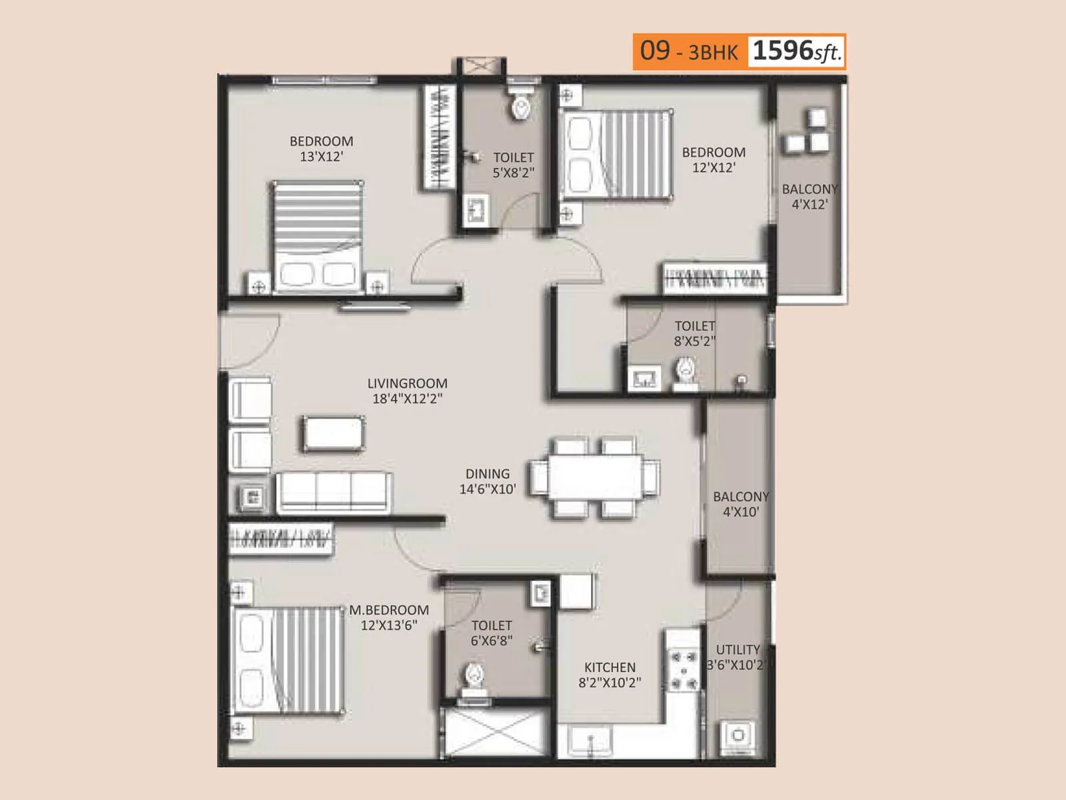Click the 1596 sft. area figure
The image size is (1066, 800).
[796, 51]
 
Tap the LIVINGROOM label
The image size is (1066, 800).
[407, 383]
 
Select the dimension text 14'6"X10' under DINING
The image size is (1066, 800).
[487, 489]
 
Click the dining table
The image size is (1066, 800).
[595, 477]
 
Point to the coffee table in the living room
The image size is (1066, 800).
[334, 433]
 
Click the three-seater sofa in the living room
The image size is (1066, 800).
[333, 492]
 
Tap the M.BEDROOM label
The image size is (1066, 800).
[389, 610]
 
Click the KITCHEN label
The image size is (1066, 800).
[610, 667]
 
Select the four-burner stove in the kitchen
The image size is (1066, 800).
[684, 671]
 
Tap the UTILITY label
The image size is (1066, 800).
[738, 649]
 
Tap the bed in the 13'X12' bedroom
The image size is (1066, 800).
[317, 237]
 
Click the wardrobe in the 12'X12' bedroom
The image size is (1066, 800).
[714, 278]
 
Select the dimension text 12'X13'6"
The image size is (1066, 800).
[389, 625]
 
